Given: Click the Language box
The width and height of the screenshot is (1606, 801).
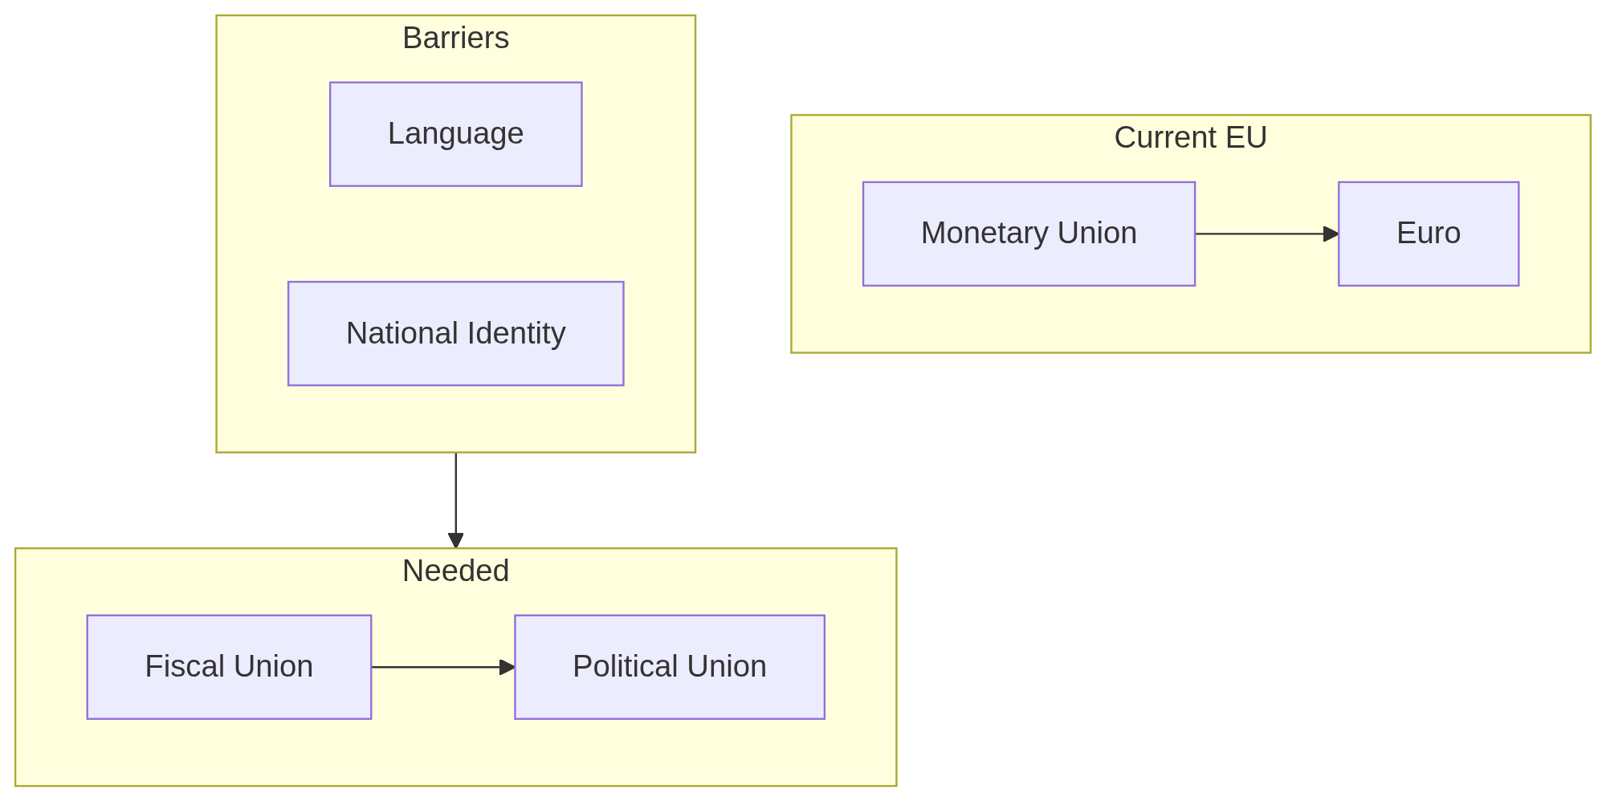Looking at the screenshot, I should pos(455,134).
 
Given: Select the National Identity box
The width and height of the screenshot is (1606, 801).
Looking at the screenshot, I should pos(455,333).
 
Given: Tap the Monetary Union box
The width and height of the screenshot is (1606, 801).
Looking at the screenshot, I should pos(1029,234).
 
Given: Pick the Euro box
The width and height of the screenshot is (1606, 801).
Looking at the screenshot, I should pos(1428,234).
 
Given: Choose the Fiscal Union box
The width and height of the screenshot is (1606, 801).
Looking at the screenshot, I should pos(229,667).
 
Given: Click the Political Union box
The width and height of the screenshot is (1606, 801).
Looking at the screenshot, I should pos(669,667).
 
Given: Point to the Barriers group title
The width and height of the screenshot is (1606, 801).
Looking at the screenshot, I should pos(455,39).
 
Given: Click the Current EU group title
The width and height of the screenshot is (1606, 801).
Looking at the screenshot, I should pos(1190,138).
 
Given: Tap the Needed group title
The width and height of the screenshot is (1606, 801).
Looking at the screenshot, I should pos(455,571).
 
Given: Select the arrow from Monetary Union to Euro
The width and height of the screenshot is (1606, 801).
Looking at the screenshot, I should pos(1261,234).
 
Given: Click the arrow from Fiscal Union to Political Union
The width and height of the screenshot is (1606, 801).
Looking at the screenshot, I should pos(438,667).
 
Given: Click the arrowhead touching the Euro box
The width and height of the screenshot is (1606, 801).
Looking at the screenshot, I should pos(1331,234).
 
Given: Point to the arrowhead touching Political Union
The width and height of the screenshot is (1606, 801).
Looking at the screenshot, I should pos(507,667).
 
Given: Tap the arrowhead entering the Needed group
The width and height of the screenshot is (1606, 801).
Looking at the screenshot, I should pos(455,540).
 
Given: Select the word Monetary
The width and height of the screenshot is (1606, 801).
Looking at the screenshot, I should pos(984,234).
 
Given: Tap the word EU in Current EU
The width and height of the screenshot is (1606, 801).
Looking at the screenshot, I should pos(1245,138).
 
